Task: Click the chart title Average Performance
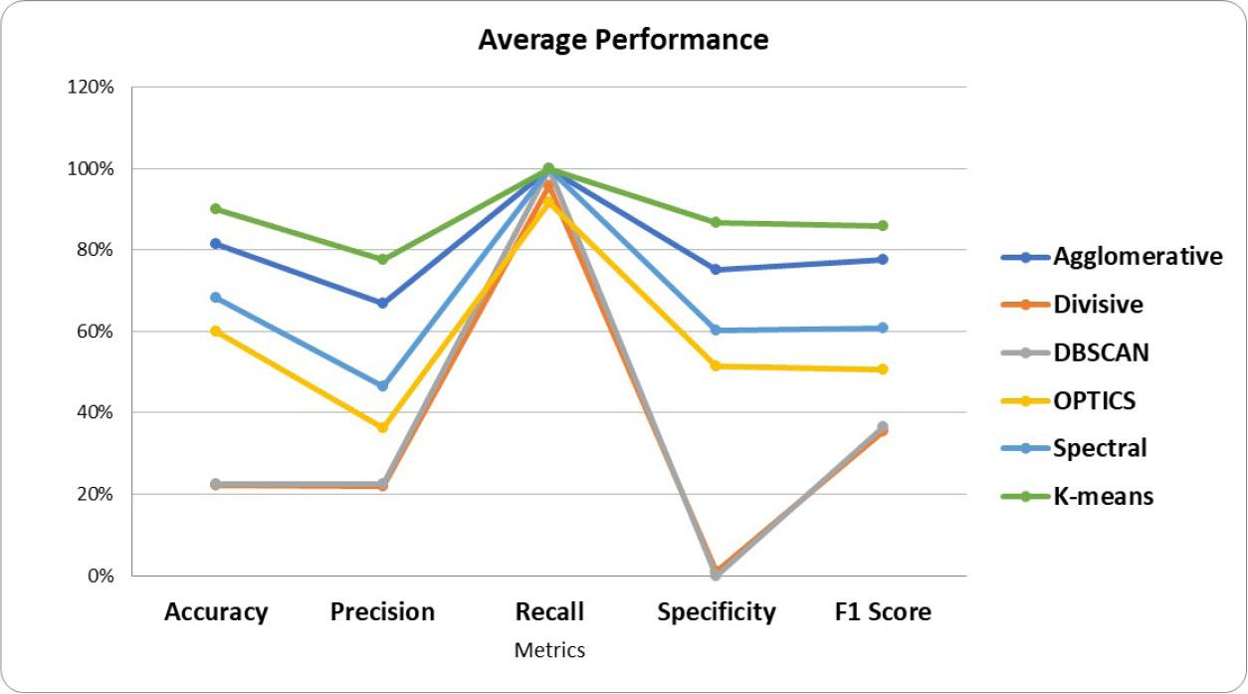[x=623, y=40]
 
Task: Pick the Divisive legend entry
[x=1098, y=305]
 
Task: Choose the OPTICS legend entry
[x=1094, y=400]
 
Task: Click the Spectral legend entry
[x=1100, y=448]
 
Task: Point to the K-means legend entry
[x=1103, y=496]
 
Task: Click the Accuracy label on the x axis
[x=216, y=611]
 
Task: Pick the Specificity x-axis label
[x=717, y=611]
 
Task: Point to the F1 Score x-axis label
[x=882, y=611]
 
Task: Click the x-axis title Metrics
[x=549, y=650]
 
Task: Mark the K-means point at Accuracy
[x=216, y=209]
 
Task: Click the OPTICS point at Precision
[x=383, y=427]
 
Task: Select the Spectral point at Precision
[x=383, y=385]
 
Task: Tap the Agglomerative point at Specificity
[x=717, y=270]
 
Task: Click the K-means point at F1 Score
[x=883, y=226]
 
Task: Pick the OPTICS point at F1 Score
[x=883, y=369]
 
